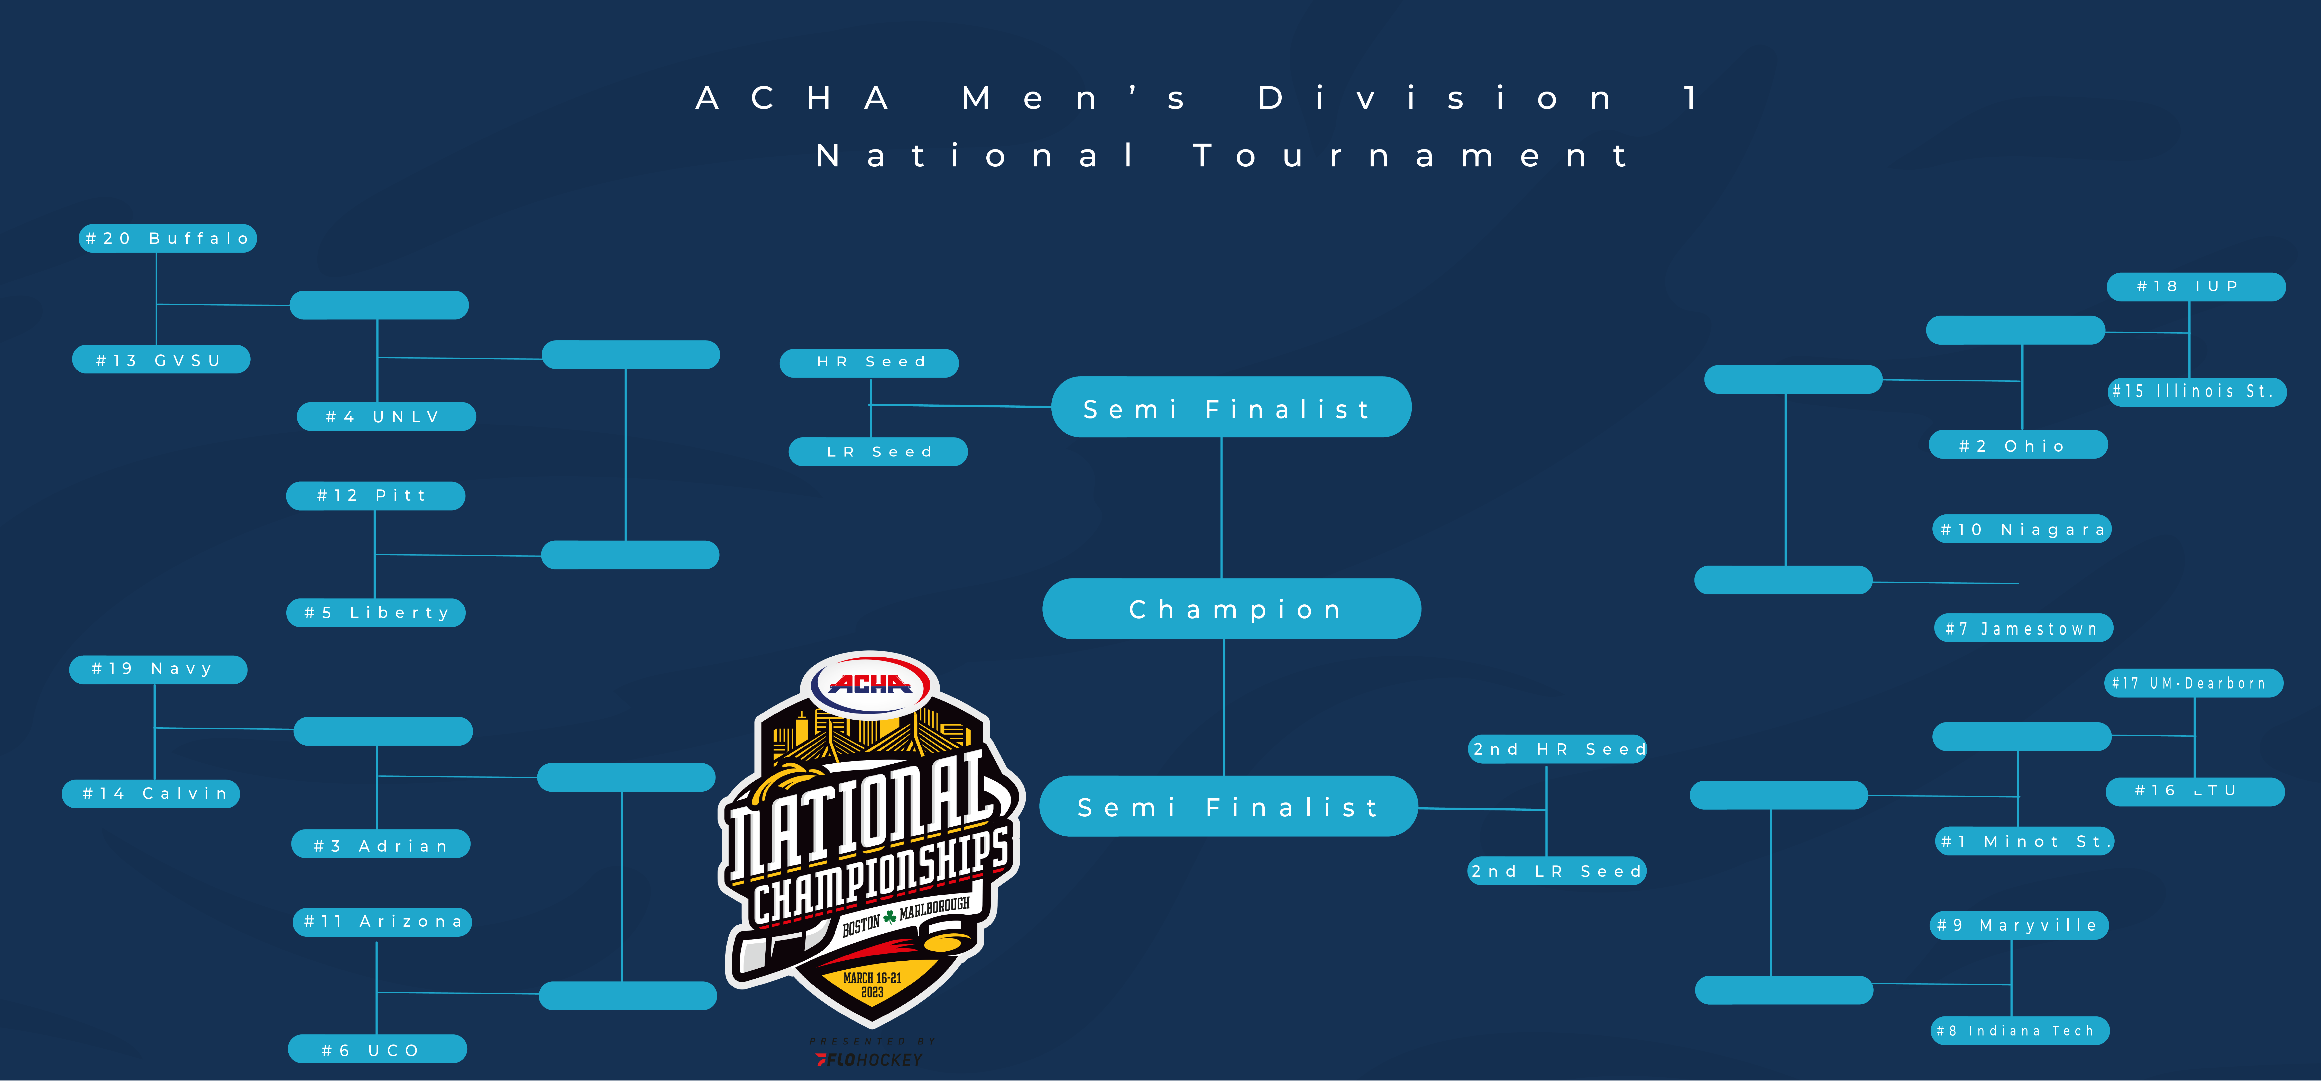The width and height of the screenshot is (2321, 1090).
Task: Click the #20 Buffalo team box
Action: [x=168, y=238]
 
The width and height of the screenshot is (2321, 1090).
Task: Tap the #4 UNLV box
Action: [x=387, y=416]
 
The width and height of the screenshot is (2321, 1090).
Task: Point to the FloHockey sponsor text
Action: [x=869, y=1059]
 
